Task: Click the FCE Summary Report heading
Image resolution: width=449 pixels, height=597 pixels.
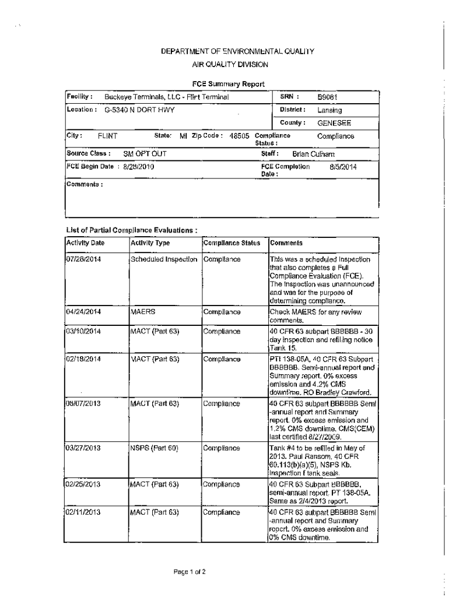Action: tap(229, 83)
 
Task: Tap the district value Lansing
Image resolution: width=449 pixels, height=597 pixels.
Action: tap(329, 110)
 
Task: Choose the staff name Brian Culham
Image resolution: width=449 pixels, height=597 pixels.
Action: tap(313, 154)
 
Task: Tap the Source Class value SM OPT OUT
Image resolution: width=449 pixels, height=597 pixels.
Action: tap(145, 154)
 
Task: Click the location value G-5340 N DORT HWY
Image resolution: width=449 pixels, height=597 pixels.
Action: tap(139, 110)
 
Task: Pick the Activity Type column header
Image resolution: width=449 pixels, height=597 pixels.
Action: tap(150, 243)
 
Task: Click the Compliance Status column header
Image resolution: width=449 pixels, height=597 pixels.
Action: tap(231, 243)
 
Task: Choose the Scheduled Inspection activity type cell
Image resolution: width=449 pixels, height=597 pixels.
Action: tap(164, 259)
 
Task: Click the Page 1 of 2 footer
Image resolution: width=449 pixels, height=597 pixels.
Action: tap(189, 572)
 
